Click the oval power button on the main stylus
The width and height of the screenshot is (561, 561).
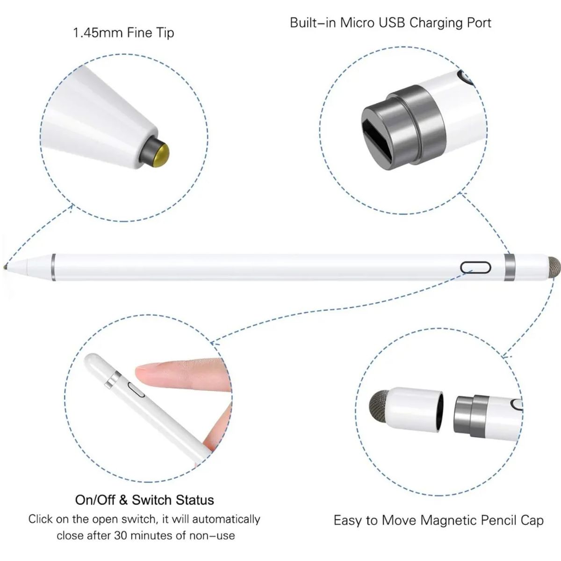[476, 267]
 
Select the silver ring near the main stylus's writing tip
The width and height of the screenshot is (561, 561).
[54, 267]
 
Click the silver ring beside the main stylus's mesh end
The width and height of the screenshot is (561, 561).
[510, 268]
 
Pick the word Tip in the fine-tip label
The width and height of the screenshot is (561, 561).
[164, 33]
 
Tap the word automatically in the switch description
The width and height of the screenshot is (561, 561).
[226, 519]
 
